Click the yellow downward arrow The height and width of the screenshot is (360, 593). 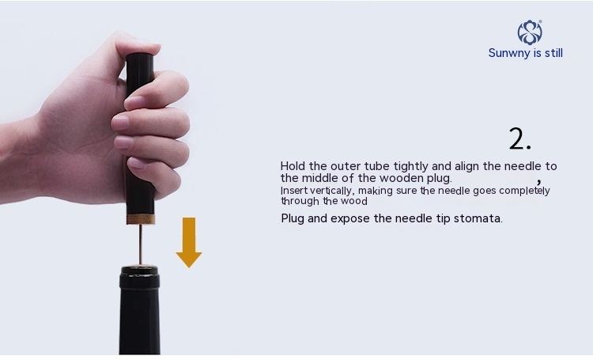[x=189, y=242]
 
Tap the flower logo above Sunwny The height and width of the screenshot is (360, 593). [x=530, y=32]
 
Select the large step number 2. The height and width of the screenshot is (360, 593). [x=519, y=138]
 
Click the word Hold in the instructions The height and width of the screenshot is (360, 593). [x=293, y=166]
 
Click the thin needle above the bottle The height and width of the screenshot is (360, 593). [x=140, y=244]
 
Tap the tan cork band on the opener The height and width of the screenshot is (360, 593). [x=140, y=219]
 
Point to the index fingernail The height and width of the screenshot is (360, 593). [x=134, y=102]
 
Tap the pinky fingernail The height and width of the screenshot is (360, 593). [x=138, y=163]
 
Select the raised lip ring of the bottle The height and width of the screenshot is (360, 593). [x=139, y=278]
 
